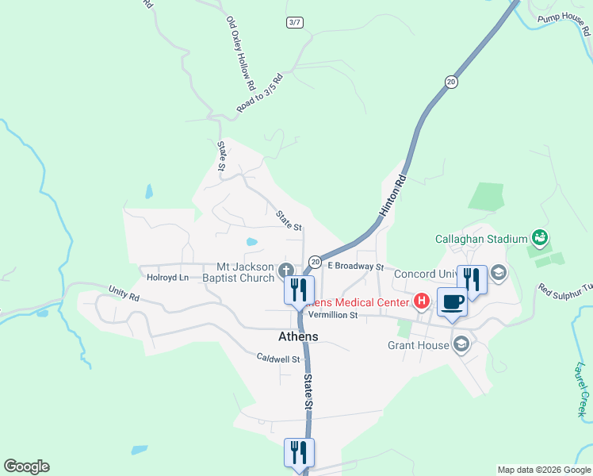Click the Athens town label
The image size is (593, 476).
pyautogui.click(x=298, y=336)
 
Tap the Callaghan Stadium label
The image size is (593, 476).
pyautogui.click(x=481, y=238)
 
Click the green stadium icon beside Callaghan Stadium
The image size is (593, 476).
pyautogui.click(x=541, y=236)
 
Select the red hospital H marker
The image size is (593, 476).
pyautogui.click(x=422, y=301)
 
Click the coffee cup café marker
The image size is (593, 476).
pyautogui.click(x=452, y=302)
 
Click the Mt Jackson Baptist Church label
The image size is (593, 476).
pyautogui.click(x=238, y=272)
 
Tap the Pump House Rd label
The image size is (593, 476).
pyautogui.click(x=563, y=25)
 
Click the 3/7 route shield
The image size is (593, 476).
pyautogui.click(x=294, y=22)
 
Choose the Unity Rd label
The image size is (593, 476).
pyautogui.click(x=124, y=294)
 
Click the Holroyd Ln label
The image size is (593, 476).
pyautogui.click(x=168, y=278)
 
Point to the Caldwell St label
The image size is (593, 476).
pyautogui.click(x=277, y=359)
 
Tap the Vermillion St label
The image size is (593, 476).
pyautogui.click(x=334, y=315)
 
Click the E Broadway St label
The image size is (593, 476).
pyautogui.click(x=356, y=267)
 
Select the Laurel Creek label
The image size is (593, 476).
pyautogui.click(x=580, y=390)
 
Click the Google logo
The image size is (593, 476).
pyautogui.click(x=26, y=466)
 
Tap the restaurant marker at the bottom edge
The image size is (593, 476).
pyautogui.click(x=299, y=453)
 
